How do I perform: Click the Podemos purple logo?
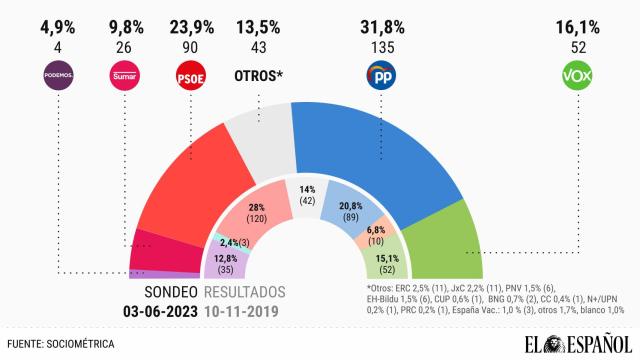(x=59, y=75)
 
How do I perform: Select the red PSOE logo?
(x=190, y=75)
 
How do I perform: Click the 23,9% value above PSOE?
(x=190, y=13)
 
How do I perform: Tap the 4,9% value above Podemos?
(x=59, y=13)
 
